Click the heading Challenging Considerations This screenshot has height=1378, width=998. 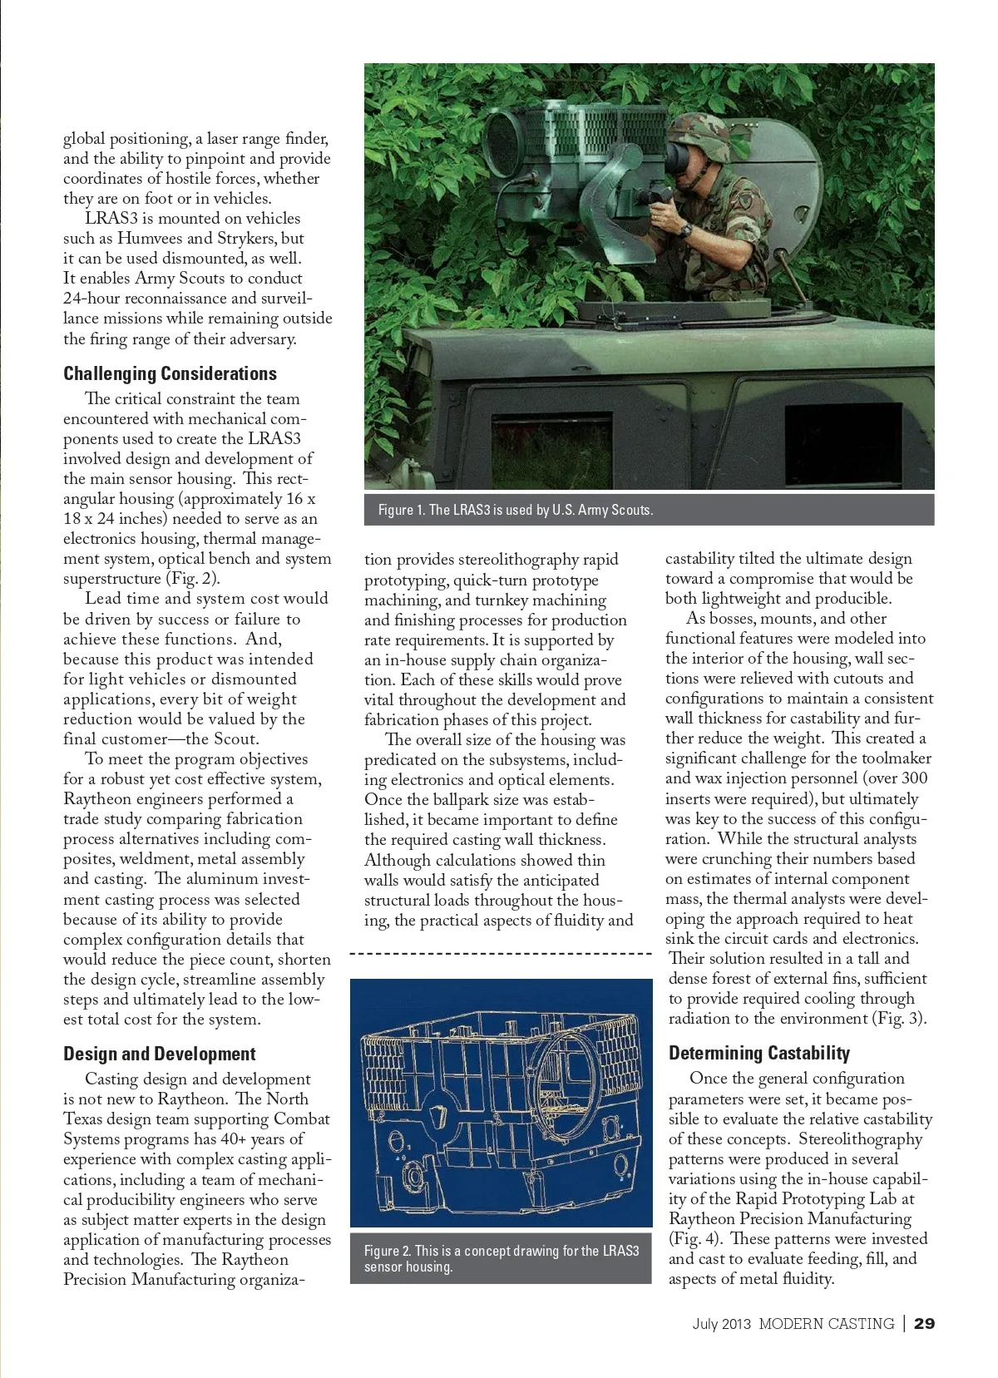(170, 373)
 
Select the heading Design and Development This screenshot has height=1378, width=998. (159, 1054)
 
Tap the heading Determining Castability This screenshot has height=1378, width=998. (758, 1053)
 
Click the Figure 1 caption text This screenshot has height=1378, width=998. (516, 510)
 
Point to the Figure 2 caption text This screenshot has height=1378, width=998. (501, 1258)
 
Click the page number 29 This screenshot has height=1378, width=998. (924, 1323)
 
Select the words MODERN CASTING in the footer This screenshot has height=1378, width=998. (826, 1323)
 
